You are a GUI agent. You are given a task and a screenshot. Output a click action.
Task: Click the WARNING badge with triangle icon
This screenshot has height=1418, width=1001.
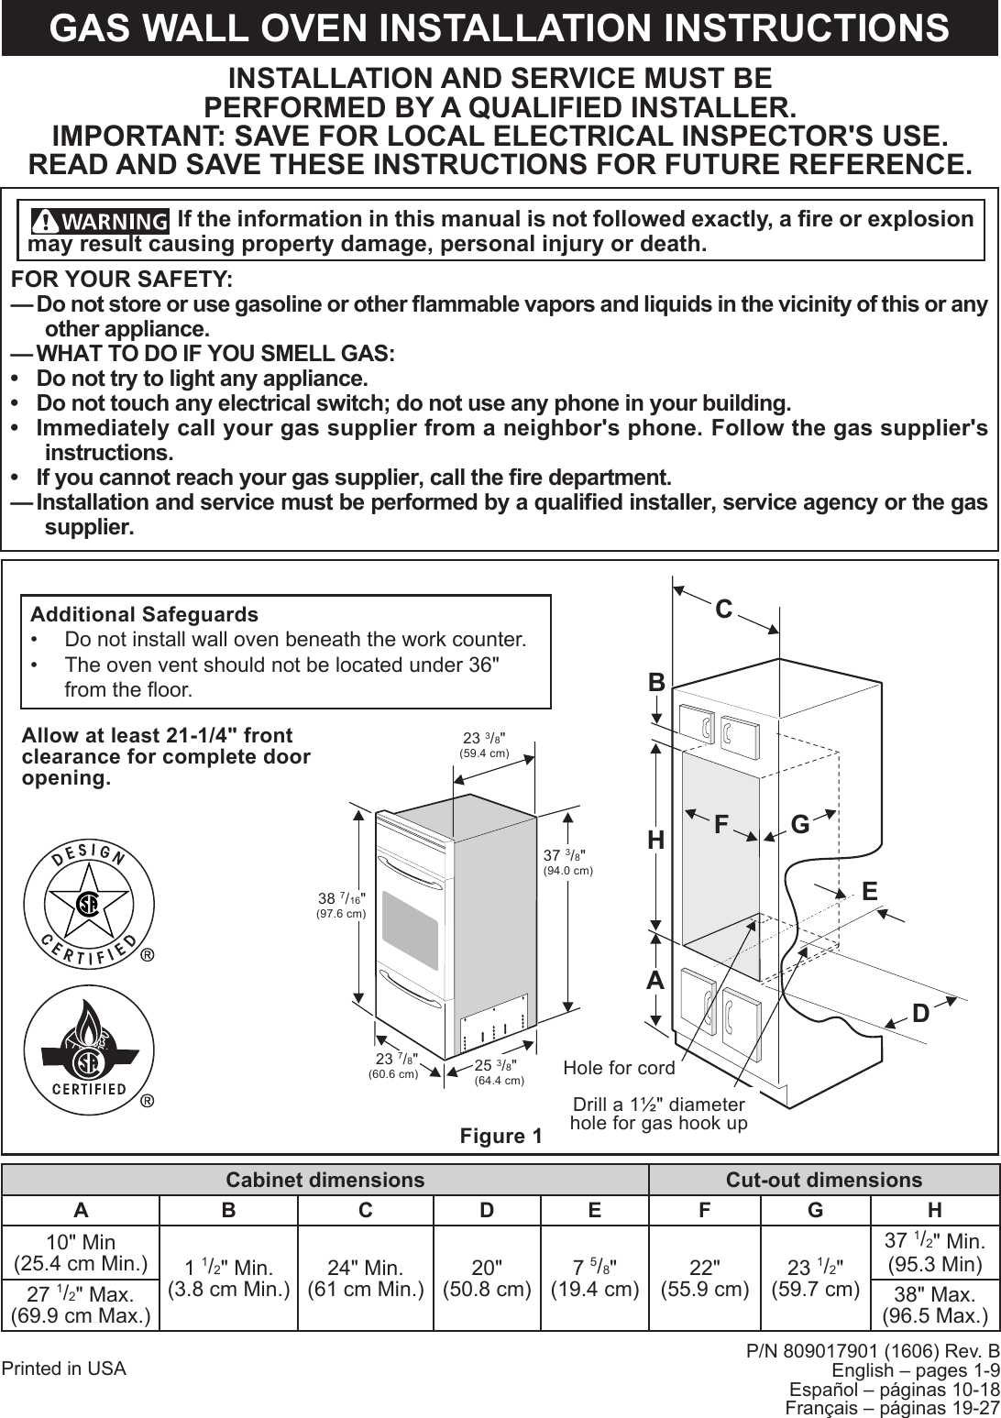pos(100,222)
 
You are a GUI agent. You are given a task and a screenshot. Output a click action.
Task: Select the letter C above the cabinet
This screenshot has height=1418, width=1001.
pos(724,609)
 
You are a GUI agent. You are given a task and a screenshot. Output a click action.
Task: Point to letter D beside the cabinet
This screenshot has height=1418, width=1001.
pos(920,1013)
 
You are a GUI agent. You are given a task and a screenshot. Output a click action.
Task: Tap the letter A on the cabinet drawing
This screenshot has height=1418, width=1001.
pos(654,980)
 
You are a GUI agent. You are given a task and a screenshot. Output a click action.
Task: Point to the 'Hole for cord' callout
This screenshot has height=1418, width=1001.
pos(619,1068)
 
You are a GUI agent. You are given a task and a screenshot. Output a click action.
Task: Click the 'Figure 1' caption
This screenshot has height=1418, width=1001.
pos(500,1137)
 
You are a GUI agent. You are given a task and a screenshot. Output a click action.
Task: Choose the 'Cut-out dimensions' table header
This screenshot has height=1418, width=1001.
pos(823,1180)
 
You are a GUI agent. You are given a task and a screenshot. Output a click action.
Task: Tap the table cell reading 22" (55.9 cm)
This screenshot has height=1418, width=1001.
pos(703,1278)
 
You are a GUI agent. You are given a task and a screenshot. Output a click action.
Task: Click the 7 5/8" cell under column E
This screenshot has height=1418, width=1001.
pos(595,1278)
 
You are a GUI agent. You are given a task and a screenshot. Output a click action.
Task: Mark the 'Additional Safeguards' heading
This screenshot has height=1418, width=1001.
pos(145,614)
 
